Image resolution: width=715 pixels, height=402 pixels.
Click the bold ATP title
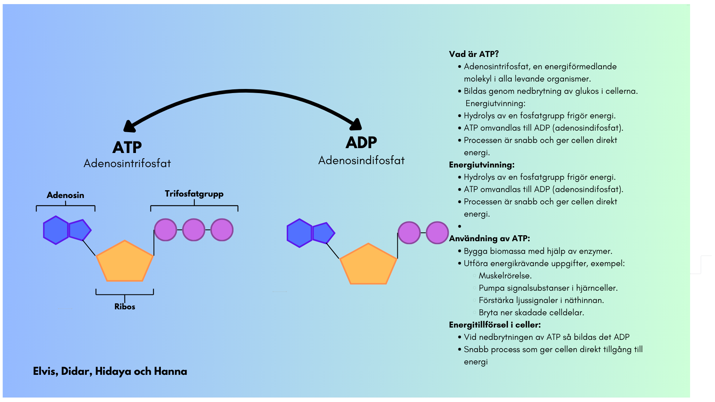127,147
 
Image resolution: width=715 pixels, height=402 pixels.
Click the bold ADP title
361,143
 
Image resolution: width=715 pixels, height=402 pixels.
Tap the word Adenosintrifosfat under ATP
127,163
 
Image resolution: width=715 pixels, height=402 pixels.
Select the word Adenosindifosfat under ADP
361,160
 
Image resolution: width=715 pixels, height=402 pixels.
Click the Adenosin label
65,195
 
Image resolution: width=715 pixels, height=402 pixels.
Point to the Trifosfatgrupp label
194,194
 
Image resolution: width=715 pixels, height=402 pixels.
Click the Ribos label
124,307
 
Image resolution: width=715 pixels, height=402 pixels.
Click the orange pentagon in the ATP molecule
125,263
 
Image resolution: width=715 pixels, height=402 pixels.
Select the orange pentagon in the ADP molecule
368,266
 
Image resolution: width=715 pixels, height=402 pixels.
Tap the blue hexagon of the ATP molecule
56,230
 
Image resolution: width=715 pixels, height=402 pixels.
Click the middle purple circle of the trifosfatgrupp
194,230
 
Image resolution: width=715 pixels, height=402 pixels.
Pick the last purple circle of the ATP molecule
222,230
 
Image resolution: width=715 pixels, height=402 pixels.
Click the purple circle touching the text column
437,233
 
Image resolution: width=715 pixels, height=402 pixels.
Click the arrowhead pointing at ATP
129,127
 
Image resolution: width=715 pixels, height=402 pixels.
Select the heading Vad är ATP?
474,54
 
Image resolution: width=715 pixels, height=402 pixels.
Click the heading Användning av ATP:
489,239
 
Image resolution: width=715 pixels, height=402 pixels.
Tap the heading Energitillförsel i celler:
495,325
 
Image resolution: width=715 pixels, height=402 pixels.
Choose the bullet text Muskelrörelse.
505,276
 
